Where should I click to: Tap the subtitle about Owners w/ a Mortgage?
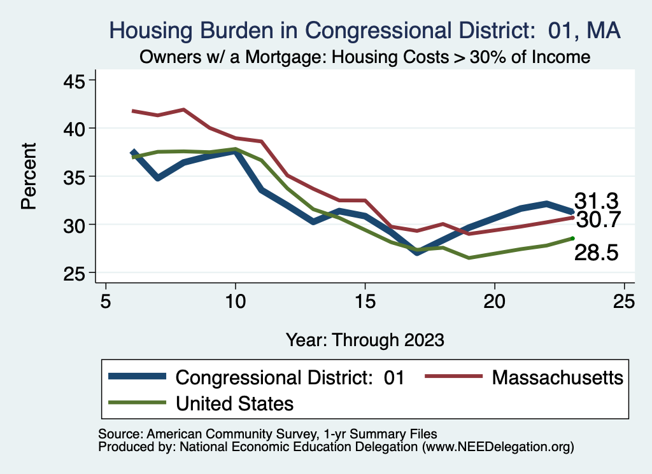pyautogui.click(x=365, y=57)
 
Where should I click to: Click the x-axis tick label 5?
pyautogui.click(x=106, y=301)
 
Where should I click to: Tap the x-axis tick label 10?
pyautogui.click(x=236, y=301)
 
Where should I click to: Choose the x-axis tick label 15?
pyautogui.click(x=365, y=301)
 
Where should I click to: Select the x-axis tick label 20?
pyautogui.click(x=495, y=301)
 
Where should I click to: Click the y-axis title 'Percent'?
pyautogui.click(x=28, y=176)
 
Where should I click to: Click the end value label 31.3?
pyautogui.click(x=597, y=200)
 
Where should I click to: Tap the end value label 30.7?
pyautogui.click(x=597, y=220)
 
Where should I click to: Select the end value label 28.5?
pyautogui.click(x=597, y=253)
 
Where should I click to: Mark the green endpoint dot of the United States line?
pyautogui.click(x=572, y=239)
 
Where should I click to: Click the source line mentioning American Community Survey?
pyautogui.click(x=268, y=434)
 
